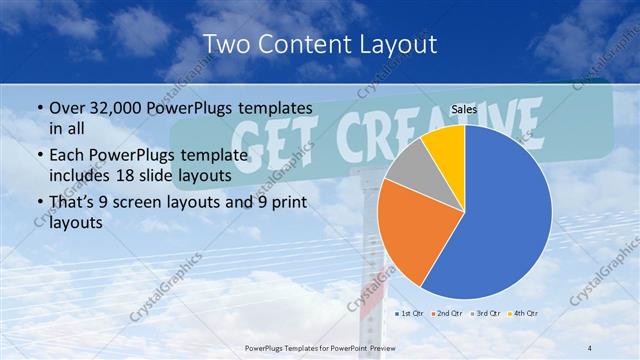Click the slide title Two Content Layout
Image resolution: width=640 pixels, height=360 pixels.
click(x=319, y=43)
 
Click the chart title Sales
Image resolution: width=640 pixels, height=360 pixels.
click(x=464, y=111)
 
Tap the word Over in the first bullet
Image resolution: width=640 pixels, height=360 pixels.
click(x=68, y=107)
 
